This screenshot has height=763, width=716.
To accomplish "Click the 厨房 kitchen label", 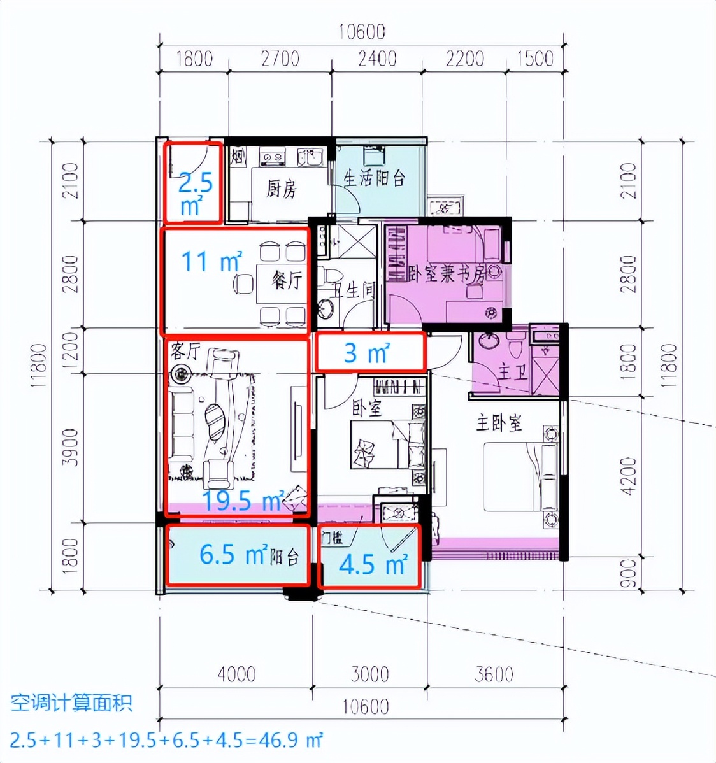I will [282, 189].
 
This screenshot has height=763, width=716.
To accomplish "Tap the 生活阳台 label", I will [375, 178].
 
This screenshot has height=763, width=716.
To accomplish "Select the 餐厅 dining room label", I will [286, 280].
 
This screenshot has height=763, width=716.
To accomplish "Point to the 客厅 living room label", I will [186, 350].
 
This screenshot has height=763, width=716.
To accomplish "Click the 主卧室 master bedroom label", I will [499, 422].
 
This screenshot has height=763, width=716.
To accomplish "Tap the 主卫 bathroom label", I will [513, 371].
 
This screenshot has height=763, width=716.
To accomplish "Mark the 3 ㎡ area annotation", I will [366, 352].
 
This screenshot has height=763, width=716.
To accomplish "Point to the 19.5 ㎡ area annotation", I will [243, 501].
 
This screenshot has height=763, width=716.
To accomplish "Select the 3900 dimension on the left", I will [71, 446].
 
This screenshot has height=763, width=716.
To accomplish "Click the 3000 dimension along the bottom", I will [370, 673].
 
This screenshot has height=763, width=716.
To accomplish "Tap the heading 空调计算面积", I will [71, 703].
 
